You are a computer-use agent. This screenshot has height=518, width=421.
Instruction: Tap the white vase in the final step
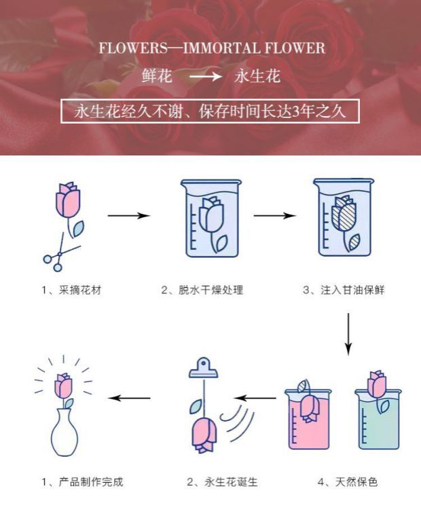64,432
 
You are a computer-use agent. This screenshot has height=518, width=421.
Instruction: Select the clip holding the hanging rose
204,368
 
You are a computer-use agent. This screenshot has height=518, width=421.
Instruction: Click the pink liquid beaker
308,420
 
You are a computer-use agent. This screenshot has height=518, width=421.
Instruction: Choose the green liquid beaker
378,420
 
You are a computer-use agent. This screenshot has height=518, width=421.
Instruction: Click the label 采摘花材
80,290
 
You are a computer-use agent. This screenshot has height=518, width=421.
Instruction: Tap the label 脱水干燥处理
210,290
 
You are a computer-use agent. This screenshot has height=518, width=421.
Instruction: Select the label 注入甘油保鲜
352,290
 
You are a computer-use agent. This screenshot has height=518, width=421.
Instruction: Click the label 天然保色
356,482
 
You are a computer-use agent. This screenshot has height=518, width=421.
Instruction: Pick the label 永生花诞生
231,482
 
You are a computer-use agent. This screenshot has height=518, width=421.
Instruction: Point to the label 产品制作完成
91,482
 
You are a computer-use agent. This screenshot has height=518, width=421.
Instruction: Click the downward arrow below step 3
348,334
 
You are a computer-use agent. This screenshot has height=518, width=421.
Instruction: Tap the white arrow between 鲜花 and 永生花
206,77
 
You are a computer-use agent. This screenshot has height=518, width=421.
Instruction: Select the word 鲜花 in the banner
157,75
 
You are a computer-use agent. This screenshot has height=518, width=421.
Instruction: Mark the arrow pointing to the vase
129,398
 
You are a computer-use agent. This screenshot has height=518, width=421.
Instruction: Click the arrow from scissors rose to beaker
129,215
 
